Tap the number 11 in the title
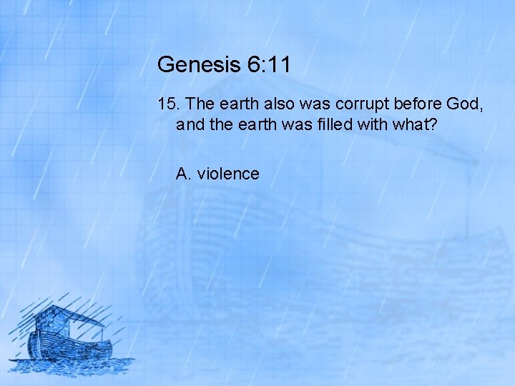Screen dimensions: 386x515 (278, 65)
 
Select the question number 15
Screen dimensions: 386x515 (167, 104)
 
